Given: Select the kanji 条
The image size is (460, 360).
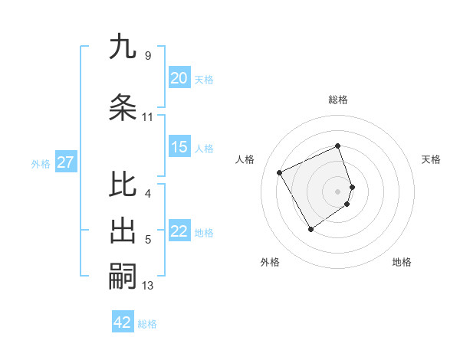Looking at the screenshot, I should [123, 107].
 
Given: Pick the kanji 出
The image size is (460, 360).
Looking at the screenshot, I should [123, 231].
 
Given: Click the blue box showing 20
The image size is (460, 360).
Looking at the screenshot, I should [179, 78].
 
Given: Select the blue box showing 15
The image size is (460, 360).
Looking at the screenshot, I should [179, 148].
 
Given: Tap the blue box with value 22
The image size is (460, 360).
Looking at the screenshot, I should [179, 232].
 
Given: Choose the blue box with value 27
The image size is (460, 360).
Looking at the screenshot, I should [65, 162].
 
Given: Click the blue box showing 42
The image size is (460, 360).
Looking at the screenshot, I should [123, 322].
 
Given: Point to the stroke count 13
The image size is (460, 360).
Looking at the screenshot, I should [148, 286].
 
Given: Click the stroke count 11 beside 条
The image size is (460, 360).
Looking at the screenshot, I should [147, 117].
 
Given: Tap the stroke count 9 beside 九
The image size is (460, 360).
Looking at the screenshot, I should [147, 56].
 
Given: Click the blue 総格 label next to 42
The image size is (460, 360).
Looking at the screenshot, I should [147, 324].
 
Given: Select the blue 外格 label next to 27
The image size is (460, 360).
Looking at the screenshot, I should [41, 163].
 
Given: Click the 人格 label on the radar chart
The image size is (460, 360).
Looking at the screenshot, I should [245, 159].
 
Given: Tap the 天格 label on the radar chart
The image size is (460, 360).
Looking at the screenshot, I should [431, 159].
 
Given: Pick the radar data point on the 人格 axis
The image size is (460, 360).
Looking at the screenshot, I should [280, 172].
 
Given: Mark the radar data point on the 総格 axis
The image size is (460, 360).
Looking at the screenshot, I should [337, 146].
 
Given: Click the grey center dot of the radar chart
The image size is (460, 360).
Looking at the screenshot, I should [337, 191].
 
